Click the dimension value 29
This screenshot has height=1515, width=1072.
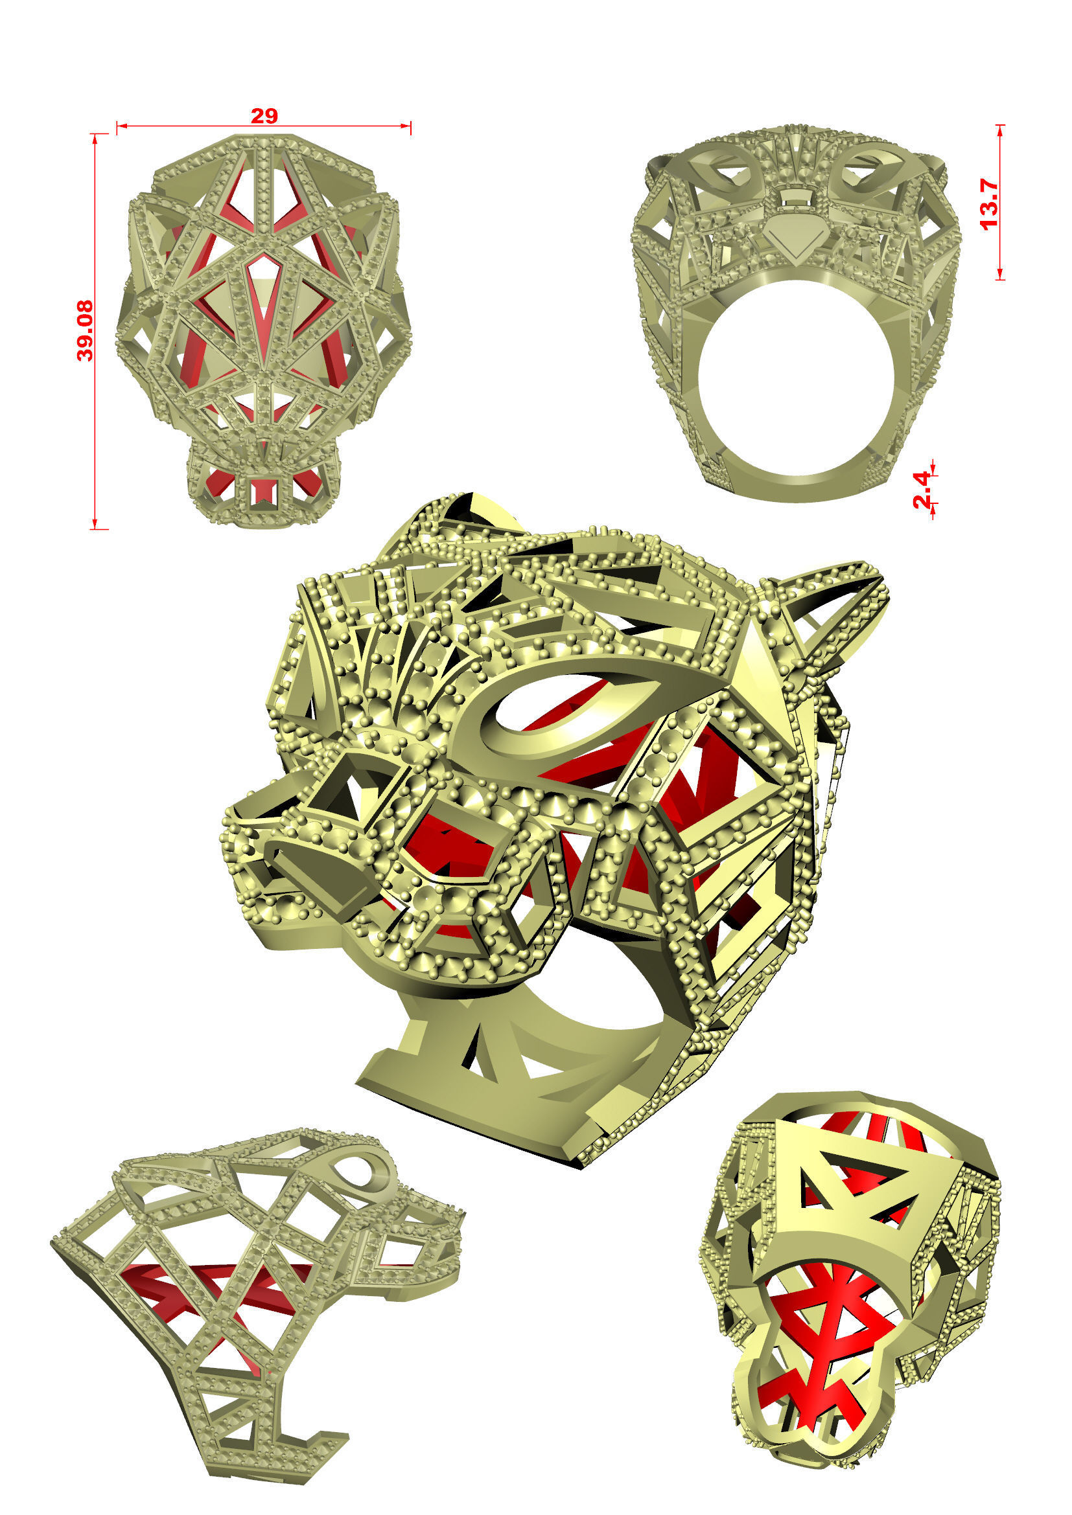coord(264,116)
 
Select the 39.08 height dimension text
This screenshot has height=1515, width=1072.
coord(85,331)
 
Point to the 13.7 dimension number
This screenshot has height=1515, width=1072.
coord(990,204)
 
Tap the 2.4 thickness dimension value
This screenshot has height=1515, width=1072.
coord(922,490)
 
